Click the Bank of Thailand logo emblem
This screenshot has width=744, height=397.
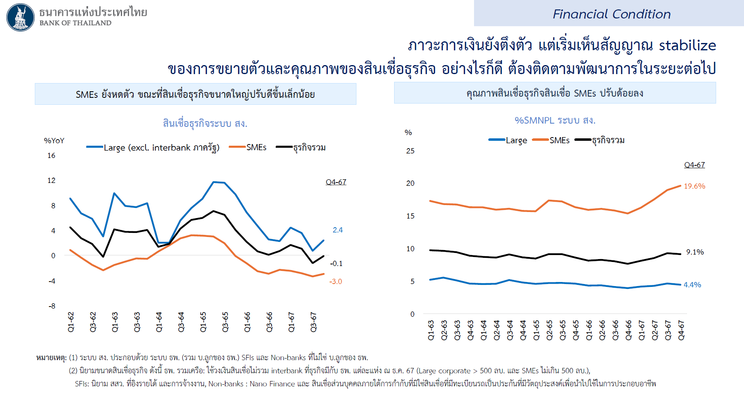point(20,18)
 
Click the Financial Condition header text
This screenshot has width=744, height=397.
point(611,14)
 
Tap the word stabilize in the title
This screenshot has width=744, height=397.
point(687,45)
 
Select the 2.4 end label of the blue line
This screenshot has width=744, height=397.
point(338,230)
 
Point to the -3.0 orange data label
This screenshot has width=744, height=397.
point(336,282)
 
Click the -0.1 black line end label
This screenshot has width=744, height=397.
point(336,264)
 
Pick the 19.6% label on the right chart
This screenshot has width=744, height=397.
point(694,186)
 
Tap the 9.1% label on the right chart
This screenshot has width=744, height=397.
point(695,252)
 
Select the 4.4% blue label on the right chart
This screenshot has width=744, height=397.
point(692,285)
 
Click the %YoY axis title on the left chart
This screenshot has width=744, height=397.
point(54,141)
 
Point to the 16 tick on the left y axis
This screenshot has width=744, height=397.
point(51,156)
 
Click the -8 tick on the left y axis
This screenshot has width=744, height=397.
point(52,306)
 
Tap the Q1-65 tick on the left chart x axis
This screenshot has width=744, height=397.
point(203,322)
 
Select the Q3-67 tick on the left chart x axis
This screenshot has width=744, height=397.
point(313,322)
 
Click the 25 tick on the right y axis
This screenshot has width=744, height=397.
point(410,151)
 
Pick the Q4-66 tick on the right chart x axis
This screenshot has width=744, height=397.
point(628,330)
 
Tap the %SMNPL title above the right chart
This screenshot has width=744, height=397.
point(555,120)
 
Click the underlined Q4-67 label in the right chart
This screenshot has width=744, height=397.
point(694,165)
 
